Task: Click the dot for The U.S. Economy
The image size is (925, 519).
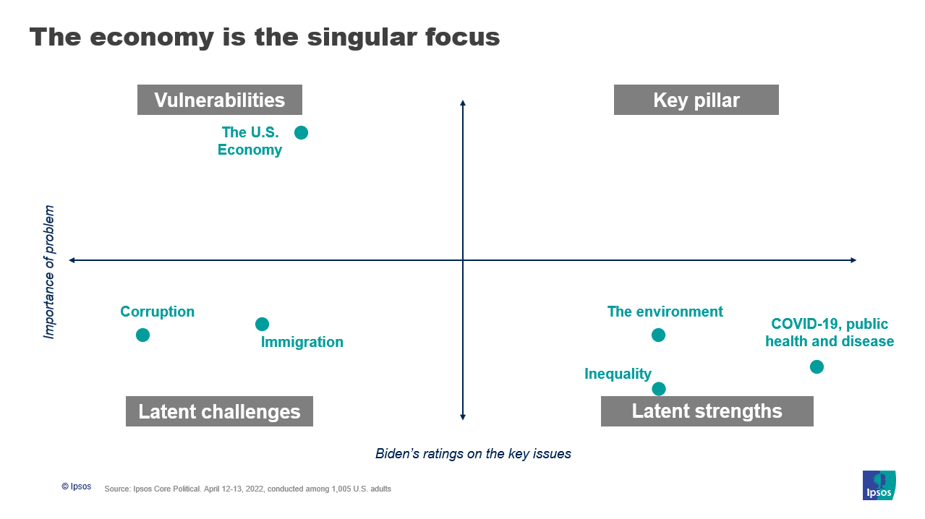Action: (301, 132)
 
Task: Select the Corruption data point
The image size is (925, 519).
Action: (143, 335)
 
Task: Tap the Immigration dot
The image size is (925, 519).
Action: (263, 324)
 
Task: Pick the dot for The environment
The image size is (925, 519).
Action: (659, 335)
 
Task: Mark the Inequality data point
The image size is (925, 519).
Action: (659, 389)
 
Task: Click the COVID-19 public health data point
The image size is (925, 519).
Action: (817, 366)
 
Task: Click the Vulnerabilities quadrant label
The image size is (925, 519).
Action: (220, 100)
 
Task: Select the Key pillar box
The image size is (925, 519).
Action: (696, 100)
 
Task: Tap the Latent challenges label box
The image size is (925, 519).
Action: (219, 411)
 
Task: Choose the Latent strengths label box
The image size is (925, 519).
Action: (707, 411)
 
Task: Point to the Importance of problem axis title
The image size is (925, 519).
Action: (49, 272)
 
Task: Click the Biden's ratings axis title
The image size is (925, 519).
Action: (473, 454)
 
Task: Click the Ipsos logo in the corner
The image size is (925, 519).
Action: (879, 485)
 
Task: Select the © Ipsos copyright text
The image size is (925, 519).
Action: (77, 486)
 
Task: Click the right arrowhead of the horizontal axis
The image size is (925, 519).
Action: (854, 260)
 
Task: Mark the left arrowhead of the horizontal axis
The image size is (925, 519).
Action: (72, 260)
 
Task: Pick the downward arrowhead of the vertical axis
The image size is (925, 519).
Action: (463, 417)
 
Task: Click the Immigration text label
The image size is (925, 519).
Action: (302, 343)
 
